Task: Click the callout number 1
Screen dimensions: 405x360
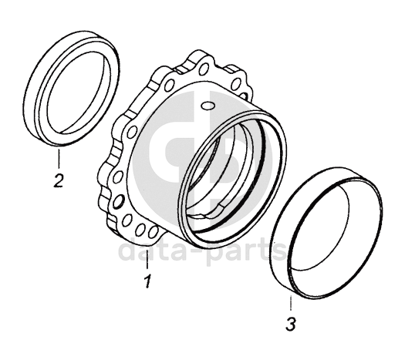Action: coord(147,281)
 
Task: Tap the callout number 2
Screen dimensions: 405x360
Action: coord(59,181)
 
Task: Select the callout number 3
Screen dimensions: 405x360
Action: coord(291,324)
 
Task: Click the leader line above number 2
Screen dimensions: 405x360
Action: coord(59,158)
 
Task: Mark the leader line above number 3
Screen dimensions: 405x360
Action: coord(291,302)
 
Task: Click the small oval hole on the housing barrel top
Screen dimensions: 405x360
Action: coord(208,106)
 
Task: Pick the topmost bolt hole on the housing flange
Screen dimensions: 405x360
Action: coord(204,69)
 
